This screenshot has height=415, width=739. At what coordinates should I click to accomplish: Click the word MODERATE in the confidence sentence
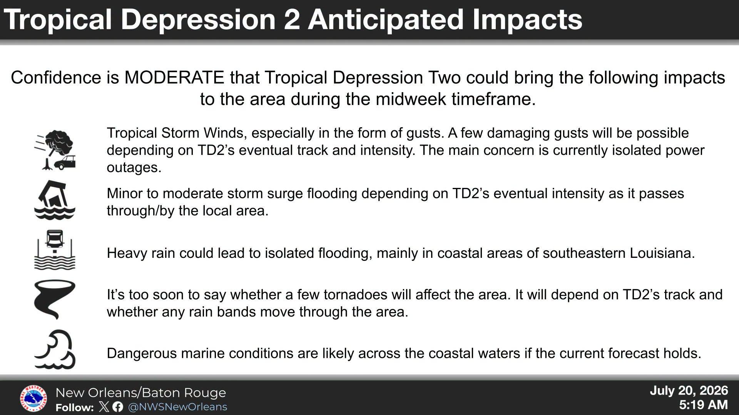click(x=174, y=78)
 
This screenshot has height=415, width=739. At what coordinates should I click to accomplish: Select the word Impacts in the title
click(x=527, y=20)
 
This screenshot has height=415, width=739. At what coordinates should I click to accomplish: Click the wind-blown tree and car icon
click(x=55, y=150)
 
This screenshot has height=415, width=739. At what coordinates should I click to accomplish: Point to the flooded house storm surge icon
click(x=55, y=200)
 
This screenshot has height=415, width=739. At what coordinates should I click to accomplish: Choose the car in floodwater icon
click(x=55, y=250)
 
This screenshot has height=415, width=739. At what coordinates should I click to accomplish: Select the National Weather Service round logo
click(x=33, y=398)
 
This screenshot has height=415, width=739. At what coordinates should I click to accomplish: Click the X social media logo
click(x=104, y=407)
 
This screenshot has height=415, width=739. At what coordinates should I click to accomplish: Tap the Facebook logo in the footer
click(x=118, y=407)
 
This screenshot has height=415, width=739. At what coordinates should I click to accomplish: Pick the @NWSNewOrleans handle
click(x=177, y=407)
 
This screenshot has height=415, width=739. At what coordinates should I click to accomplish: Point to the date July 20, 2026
click(x=689, y=391)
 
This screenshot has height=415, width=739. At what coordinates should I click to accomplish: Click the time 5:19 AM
click(x=703, y=405)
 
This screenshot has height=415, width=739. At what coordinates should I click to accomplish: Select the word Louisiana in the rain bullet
click(x=662, y=253)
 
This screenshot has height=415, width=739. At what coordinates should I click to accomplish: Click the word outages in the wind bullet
click(x=134, y=168)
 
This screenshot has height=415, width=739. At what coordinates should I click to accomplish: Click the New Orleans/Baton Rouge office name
click(x=141, y=393)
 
